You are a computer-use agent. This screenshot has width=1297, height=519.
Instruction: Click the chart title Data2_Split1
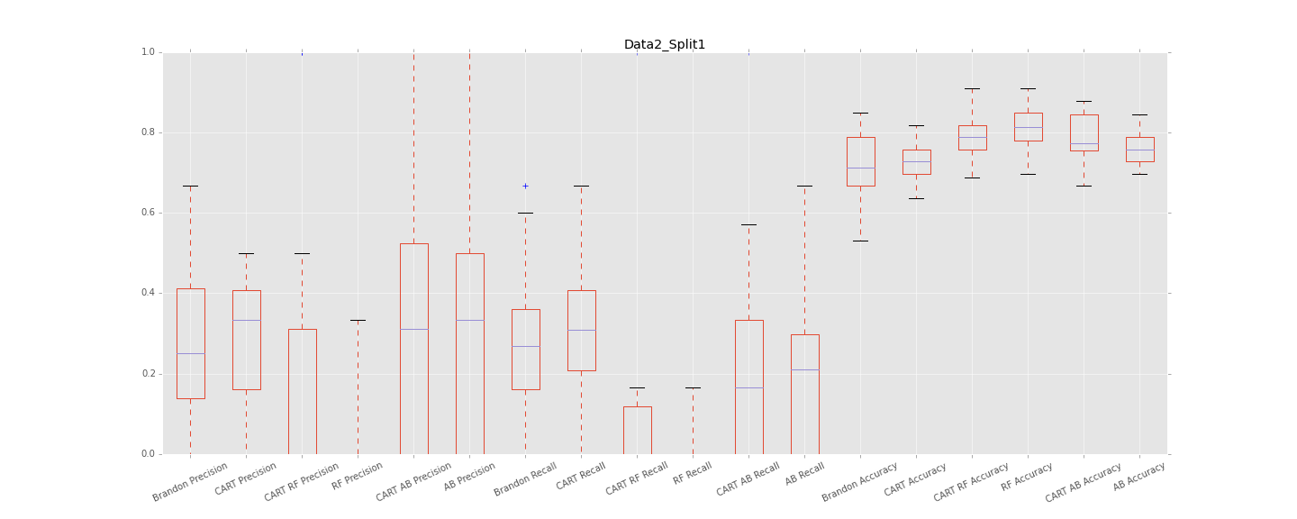665,44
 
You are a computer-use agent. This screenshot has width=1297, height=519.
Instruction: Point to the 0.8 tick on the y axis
162,132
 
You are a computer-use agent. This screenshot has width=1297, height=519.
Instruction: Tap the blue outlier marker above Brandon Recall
525,186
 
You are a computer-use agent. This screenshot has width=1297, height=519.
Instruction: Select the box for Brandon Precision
190,343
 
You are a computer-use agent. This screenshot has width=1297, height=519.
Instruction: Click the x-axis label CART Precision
246,478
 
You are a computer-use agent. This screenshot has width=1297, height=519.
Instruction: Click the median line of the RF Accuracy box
1028,127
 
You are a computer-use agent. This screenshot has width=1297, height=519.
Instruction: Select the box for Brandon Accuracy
860,161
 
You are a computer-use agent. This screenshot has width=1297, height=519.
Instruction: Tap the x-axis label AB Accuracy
1139,476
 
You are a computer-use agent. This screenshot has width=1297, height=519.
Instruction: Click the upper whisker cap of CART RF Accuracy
972,88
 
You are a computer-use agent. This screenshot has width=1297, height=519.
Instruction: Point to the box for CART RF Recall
637,430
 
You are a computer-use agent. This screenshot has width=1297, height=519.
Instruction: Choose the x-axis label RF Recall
693,474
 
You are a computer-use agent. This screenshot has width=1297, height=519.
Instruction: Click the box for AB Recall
804,394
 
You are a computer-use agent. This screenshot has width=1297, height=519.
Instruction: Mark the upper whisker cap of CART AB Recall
748,224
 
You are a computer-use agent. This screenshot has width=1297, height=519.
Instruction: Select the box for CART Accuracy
916,161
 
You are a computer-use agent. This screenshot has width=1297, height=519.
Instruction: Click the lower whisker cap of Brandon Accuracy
860,241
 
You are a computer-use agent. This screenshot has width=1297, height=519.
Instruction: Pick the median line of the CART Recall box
581,330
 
